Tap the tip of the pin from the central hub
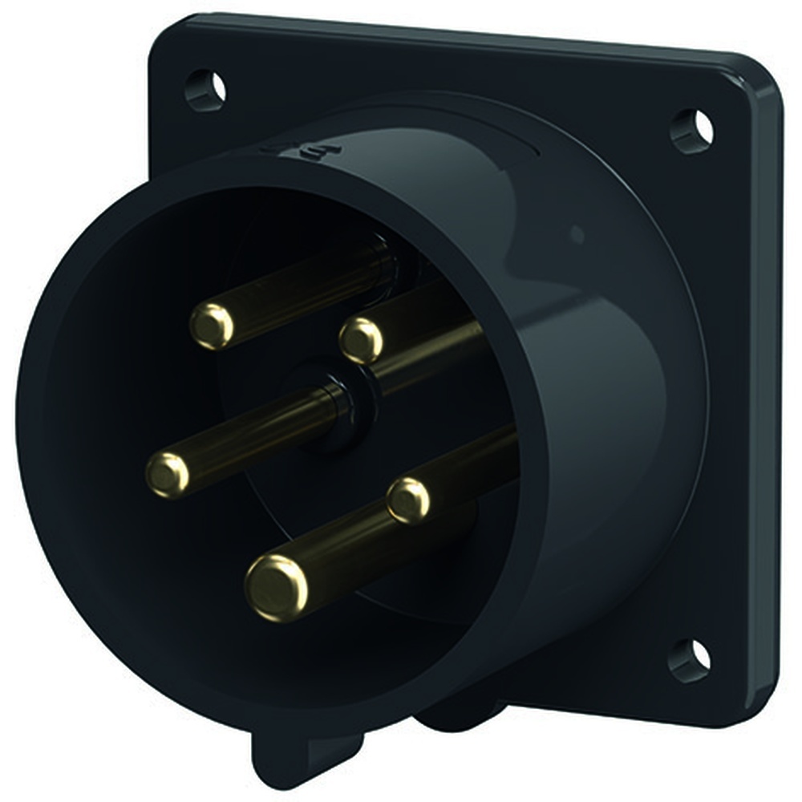point(168,473)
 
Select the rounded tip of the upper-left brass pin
point(212,326)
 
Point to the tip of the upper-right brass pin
point(361,340)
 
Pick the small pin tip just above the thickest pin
point(408,500)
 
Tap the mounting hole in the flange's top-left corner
point(206,89)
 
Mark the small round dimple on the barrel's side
point(575,235)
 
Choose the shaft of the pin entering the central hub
point(257,433)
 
